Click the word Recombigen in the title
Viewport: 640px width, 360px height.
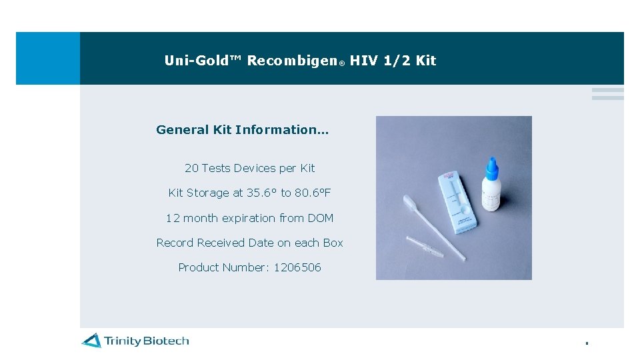click(x=292, y=61)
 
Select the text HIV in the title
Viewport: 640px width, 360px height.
click(x=363, y=61)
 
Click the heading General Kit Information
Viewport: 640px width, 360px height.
click(x=242, y=129)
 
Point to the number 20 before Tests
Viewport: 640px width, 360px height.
click(x=191, y=168)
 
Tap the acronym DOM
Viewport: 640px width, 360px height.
click(x=321, y=218)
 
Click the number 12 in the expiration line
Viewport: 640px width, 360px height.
click(x=173, y=218)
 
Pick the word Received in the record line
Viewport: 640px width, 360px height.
click(x=221, y=243)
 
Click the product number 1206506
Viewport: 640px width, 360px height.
click(x=297, y=267)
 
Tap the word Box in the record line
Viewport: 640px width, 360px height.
click(x=333, y=243)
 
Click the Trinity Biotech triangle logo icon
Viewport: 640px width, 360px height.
click(x=91, y=341)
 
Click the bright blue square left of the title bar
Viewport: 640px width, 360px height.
click(x=48, y=58)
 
